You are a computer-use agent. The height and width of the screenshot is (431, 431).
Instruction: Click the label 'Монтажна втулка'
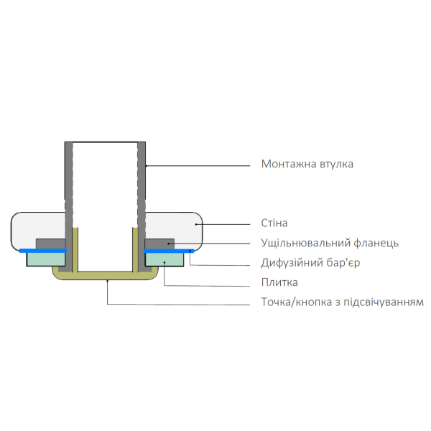click(307, 164)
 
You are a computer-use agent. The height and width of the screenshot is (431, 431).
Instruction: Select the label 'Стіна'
click(274, 223)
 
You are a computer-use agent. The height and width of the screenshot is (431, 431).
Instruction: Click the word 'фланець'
click(378, 244)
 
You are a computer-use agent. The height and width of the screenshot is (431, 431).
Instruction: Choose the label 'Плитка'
click(279, 282)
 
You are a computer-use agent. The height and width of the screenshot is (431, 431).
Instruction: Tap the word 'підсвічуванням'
click(384, 302)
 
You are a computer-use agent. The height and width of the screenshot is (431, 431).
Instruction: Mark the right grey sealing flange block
click(159, 243)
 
